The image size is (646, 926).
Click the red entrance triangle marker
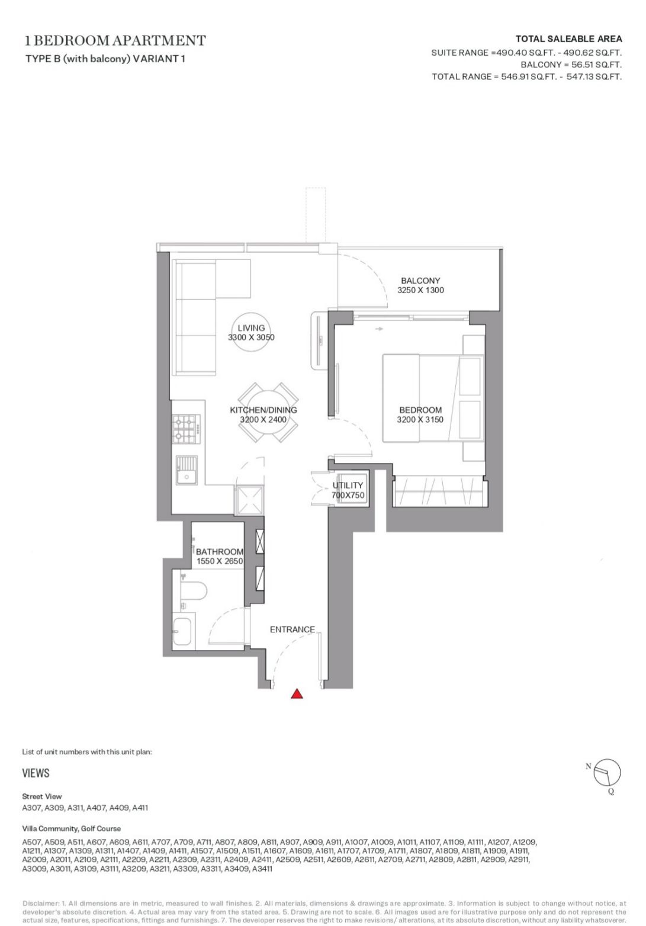tap(296, 694)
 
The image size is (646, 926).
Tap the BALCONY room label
tap(420, 281)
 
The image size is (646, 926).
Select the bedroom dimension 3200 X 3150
tap(420, 420)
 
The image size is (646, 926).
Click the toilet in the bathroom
tap(194, 591)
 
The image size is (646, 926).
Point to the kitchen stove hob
tap(186, 429)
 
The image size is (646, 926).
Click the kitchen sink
tap(187, 470)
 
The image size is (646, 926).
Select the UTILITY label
tap(348, 485)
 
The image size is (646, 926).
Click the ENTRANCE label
tap(292, 629)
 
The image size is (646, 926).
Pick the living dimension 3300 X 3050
tap(251, 337)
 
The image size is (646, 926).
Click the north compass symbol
tap(606, 773)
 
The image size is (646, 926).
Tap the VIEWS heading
tap(36, 773)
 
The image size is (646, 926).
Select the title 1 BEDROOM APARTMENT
tap(115, 40)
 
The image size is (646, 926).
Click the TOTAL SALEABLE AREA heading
tap(568, 39)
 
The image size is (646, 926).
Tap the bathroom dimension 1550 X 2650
tap(220, 561)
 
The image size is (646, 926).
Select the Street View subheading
tap(41, 796)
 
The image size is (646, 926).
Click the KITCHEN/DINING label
tap(263, 410)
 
